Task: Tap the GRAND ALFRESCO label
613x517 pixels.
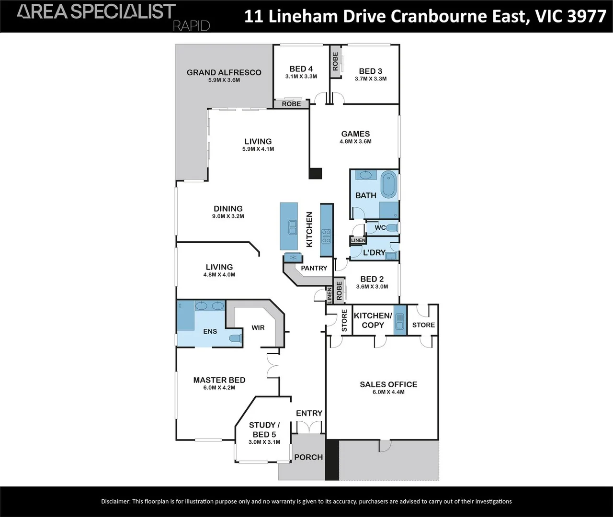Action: [x=224, y=72]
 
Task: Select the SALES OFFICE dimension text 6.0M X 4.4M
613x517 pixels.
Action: [x=388, y=392]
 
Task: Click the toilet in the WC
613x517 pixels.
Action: [x=392, y=227]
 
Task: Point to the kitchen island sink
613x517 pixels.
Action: [x=292, y=227]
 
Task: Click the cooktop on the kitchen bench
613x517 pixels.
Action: [x=326, y=236]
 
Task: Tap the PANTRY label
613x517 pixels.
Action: [x=314, y=268]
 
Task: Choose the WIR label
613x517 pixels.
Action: [x=258, y=328]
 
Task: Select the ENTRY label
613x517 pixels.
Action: [x=309, y=413]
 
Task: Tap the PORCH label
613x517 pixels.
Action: [x=308, y=457]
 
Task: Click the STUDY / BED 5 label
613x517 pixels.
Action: [x=264, y=429]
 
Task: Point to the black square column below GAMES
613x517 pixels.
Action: [x=316, y=174]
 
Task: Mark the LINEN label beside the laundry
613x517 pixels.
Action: [x=358, y=240]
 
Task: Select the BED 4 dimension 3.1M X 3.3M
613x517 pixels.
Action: [x=301, y=77]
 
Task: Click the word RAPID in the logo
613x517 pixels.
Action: [x=191, y=26]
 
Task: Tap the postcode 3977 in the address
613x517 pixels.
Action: [x=587, y=16]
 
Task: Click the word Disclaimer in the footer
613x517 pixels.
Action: [x=115, y=501]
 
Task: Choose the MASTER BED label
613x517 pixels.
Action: [x=219, y=380]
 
